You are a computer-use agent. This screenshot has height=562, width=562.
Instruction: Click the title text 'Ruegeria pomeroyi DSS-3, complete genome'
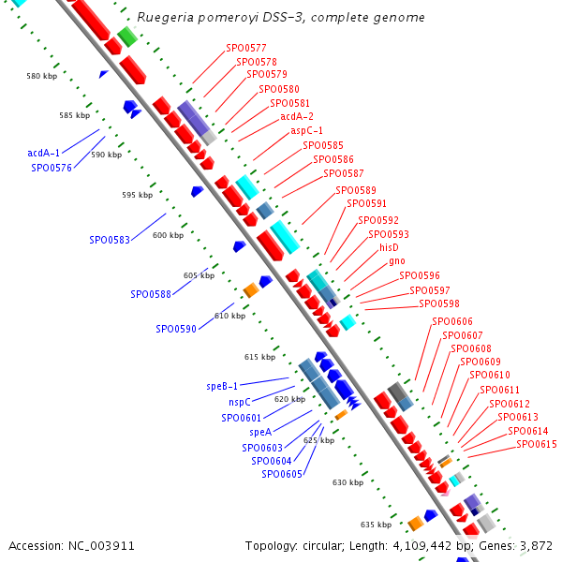281,18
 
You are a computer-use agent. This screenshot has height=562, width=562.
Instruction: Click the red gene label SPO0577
245,47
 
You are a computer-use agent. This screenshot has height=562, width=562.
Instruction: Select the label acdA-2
297,117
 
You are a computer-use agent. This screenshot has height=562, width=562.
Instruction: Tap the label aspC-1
307,131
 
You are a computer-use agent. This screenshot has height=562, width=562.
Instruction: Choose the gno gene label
397,261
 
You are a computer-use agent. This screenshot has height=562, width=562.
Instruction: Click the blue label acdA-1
44,153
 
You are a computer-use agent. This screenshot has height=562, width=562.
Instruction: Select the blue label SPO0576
52,168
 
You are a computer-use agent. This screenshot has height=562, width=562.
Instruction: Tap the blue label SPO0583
110,240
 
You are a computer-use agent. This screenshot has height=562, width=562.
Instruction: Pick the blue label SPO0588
151,294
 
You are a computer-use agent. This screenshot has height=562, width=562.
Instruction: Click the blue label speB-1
222,386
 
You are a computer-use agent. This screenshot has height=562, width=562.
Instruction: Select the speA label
260,432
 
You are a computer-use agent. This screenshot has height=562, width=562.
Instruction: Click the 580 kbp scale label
42,76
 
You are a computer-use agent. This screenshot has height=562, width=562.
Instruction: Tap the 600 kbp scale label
169,235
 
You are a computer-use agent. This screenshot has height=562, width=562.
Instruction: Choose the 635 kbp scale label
376,525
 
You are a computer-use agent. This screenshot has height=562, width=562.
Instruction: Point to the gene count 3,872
539,545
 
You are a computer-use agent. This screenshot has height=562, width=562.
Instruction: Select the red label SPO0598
439,303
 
